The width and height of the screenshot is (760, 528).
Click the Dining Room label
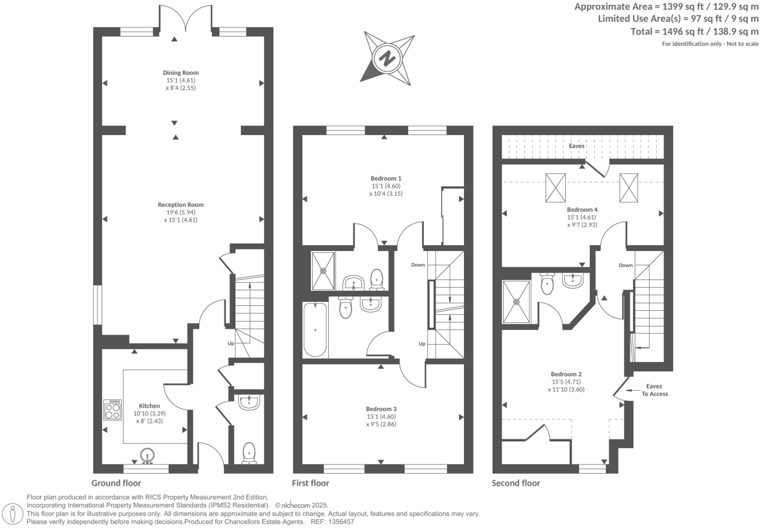pyautogui.click(x=181, y=73)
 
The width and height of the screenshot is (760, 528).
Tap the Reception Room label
pyautogui.click(x=181, y=205)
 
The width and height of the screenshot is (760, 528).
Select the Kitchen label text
pyautogui.click(x=149, y=406)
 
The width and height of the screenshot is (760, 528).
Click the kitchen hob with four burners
pyautogui.click(x=113, y=410)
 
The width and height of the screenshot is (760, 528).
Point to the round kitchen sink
pyautogui.click(x=147, y=455)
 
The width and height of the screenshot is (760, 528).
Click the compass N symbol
pyautogui.click(x=388, y=58)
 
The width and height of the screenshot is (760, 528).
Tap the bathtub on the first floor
pyautogui.click(x=315, y=329)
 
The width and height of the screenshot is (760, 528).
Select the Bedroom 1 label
pyautogui.click(x=386, y=179)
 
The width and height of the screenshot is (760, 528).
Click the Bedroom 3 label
pyautogui.click(x=381, y=409)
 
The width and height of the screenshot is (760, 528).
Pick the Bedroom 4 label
pyautogui.click(x=582, y=209)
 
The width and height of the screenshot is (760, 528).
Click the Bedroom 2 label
pyautogui.click(x=566, y=374)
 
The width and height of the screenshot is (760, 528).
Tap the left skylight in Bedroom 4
pyautogui.click(x=555, y=188)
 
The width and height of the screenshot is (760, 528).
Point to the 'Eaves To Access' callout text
pyautogui.click(x=654, y=390)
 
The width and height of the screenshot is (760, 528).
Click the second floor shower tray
pyautogui.click(x=516, y=301)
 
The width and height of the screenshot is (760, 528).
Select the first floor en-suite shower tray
pyautogui.click(x=323, y=270)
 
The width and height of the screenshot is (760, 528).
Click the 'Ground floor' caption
pyautogui.click(x=116, y=483)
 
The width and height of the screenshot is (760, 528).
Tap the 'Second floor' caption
pyautogui.click(x=516, y=483)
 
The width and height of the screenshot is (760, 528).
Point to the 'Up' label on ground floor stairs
pyautogui.click(x=230, y=344)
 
